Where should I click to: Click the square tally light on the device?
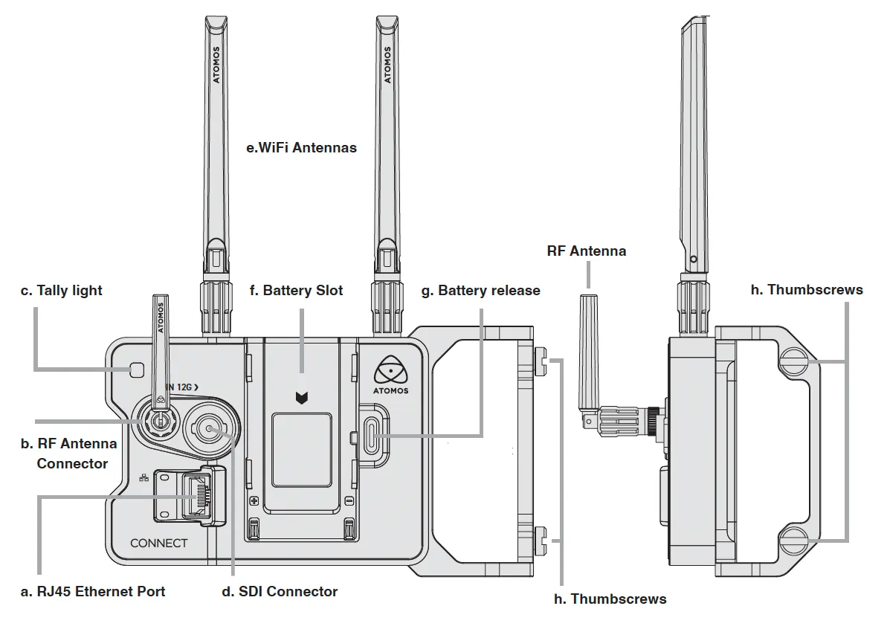pyautogui.click(x=136, y=370)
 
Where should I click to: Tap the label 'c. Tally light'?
pyautogui.click(x=61, y=291)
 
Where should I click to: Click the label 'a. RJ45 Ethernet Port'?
pyautogui.click(x=93, y=592)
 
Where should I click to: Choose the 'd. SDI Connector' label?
pyautogui.click(x=280, y=592)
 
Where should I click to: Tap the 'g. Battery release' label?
pyautogui.click(x=480, y=291)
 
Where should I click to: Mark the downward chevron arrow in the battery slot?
pyautogui.click(x=301, y=399)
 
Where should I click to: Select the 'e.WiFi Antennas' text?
pyautogui.click(x=301, y=148)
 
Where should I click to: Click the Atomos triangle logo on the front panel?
pyautogui.click(x=392, y=369)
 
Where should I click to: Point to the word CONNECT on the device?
pyautogui.click(x=158, y=543)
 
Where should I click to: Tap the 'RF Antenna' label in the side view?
pyautogui.click(x=586, y=251)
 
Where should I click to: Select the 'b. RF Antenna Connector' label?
pyautogui.click(x=68, y=454)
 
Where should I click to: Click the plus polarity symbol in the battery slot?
pyautogui.click(x=254, y=501)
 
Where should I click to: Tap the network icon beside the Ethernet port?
pyautogui.click(x=144, y=477)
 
